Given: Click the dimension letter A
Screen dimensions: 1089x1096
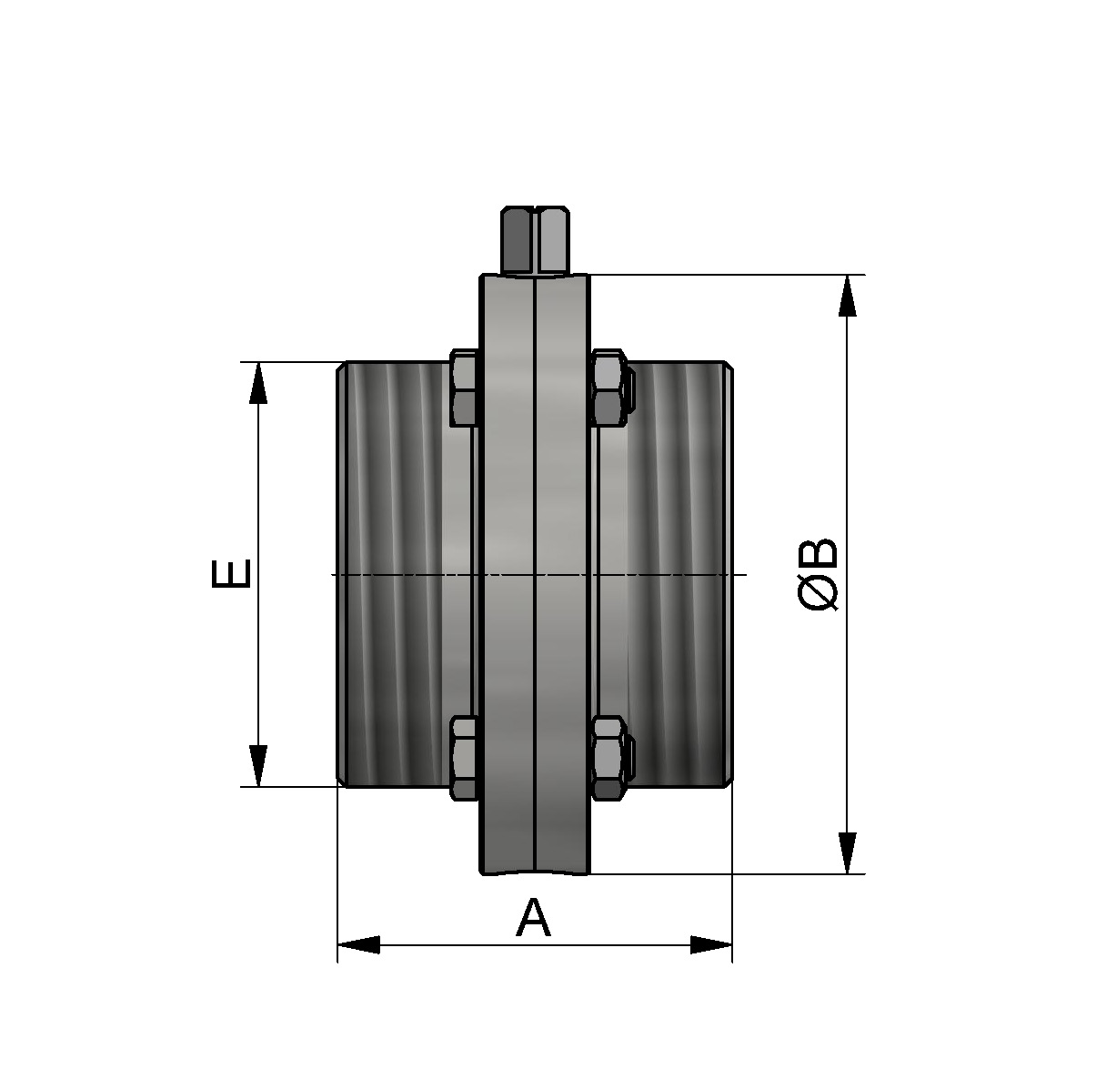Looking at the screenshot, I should tap(533, 918).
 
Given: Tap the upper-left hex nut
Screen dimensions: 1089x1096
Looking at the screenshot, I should tap(464, 388).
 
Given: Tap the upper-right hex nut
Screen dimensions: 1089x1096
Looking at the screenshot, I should tap(608, 388).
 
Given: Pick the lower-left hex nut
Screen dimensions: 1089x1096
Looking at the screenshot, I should tap(464, 758).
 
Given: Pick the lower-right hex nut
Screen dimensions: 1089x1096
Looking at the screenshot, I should tap(608, 758).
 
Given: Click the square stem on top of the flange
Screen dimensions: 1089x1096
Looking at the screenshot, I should tap(536, 240).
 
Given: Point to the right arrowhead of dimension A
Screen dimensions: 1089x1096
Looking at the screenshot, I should tap(711, 944).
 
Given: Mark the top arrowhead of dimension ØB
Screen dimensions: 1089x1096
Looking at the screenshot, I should tap(847, 295).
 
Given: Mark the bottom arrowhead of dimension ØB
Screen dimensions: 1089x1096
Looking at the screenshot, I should tap(847, 853).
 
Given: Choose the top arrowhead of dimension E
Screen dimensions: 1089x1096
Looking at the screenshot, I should tap(258, 382).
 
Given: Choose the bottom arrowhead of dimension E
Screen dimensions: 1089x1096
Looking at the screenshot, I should tap(258, 766).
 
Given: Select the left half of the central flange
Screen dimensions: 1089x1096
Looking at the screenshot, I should tap(508, 574).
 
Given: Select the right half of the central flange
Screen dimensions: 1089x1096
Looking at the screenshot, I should tap(562, 574).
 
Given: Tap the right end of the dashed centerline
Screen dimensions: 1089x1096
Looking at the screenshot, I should tap(744, 575).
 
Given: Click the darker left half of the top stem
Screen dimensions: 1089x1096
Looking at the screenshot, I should tap(517, 240).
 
